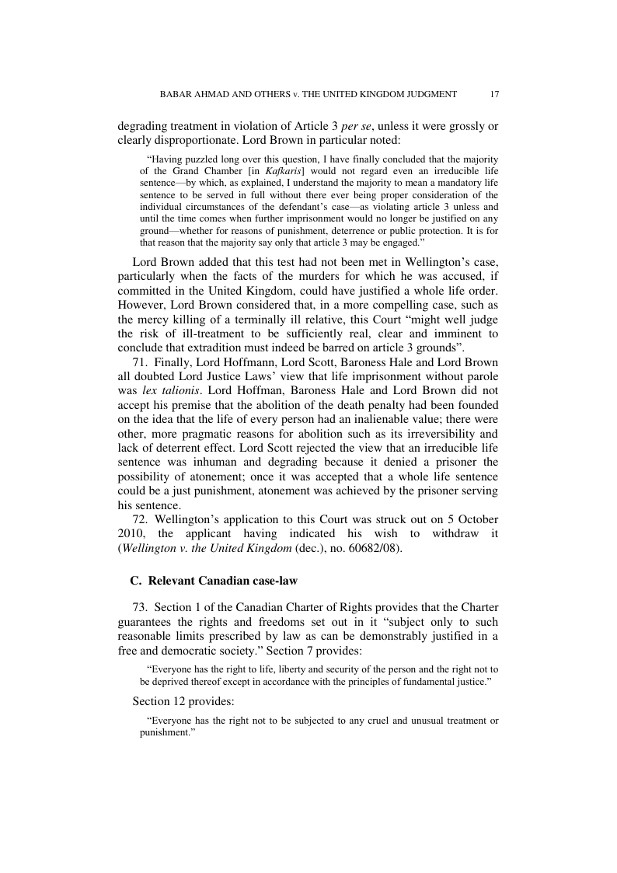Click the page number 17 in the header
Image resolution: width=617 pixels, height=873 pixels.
pyautogui.click(x=494, y=94)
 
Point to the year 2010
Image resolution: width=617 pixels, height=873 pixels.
pyautogui.click(x=132, y=534)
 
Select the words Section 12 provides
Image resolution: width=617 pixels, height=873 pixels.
pyautogui.click(x=178, y=700)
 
